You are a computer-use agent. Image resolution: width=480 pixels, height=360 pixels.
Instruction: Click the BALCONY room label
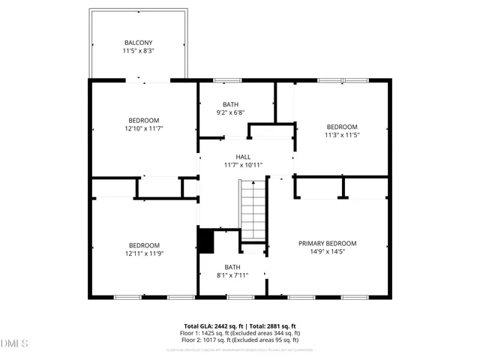[x=138, y=43]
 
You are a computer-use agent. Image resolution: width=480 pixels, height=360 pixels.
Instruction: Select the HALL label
[x=243, y=157]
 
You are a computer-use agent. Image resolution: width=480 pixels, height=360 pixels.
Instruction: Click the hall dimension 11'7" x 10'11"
[x=243, y=165]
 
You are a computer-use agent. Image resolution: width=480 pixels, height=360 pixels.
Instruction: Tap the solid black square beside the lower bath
[x=205, y=241]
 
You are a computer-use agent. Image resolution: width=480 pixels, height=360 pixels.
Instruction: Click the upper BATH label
[x=230, y=104]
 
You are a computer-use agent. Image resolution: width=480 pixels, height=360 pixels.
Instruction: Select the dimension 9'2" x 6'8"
[x=230, y=113]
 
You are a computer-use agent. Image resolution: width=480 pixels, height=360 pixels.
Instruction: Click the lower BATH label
[x=232, y=267]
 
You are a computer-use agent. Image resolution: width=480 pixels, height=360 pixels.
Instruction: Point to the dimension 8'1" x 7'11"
[x=232, y=276]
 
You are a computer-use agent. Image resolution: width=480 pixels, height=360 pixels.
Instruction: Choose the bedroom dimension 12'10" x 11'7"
[x=143, y=129]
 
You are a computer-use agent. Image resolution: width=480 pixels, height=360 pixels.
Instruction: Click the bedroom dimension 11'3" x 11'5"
[x=341, y=136]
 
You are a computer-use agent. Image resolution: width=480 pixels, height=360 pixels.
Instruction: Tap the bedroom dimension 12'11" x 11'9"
[x=143, y=254]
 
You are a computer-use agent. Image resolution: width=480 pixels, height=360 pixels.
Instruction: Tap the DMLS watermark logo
[x=15, y=344]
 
